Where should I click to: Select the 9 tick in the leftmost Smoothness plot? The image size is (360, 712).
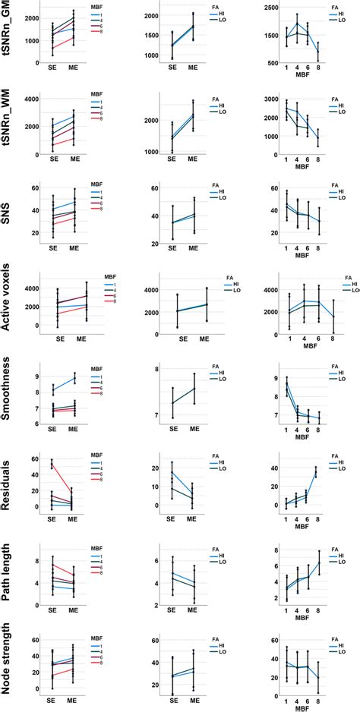(36, 376)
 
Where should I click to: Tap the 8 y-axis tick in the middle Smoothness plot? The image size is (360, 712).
(156, 369)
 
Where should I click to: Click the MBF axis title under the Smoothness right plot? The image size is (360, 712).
(302, 439)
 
